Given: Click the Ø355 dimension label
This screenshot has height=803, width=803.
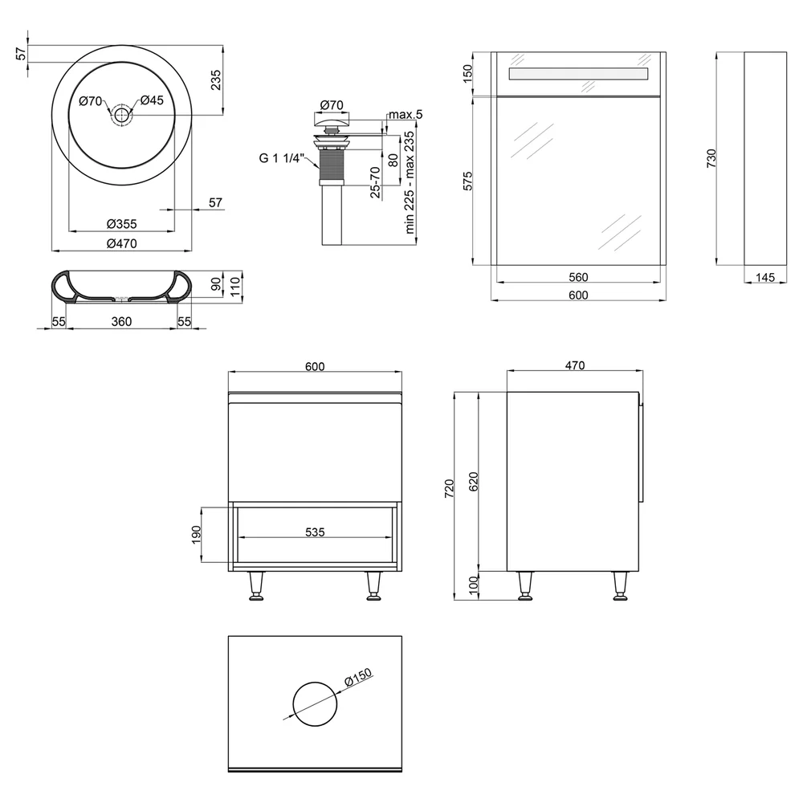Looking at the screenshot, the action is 121,224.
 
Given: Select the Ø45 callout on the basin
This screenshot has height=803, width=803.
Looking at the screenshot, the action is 152,100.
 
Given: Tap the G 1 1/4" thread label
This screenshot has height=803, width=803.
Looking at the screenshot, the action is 282,158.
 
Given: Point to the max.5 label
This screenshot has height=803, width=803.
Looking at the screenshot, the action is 406,114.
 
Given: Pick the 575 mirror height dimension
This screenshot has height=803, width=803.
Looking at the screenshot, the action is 467,181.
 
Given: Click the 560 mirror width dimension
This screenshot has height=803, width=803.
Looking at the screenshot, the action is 578,277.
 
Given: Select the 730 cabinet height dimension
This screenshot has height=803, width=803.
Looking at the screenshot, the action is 711,158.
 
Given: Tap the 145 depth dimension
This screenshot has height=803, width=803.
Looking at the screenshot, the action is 765,277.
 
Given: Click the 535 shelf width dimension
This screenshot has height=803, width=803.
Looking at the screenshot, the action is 315,532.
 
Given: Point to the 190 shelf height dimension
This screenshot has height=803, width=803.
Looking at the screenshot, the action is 197,535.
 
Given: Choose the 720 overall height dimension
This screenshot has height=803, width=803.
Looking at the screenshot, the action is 449,488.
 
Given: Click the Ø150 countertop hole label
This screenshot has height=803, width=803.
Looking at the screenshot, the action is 358,677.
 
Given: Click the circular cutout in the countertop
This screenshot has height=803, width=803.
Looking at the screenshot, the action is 315,682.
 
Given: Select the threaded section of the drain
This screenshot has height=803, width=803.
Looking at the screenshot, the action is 330,164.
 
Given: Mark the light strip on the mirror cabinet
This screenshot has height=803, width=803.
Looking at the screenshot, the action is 579,73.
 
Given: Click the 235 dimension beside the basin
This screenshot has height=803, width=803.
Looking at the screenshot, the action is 215,79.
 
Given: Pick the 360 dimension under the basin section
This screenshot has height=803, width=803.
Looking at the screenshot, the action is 121,321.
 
